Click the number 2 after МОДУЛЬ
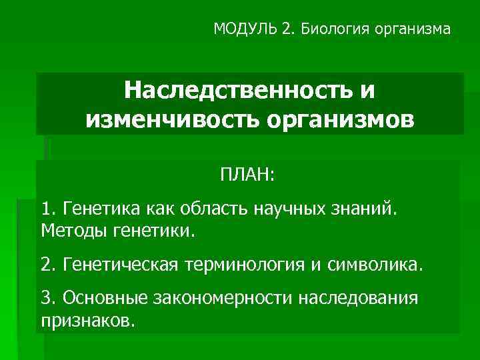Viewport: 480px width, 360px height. click(287, 29)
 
